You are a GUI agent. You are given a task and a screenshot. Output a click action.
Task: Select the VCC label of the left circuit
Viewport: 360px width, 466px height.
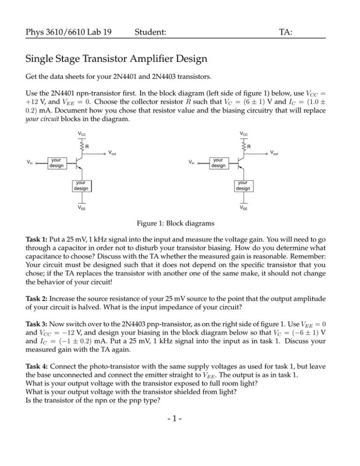pos(82,134)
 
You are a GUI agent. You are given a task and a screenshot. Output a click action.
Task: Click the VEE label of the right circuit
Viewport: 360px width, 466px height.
pos(244,208)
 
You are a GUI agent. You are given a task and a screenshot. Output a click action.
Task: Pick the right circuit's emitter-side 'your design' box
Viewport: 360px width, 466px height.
pos(243,185)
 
